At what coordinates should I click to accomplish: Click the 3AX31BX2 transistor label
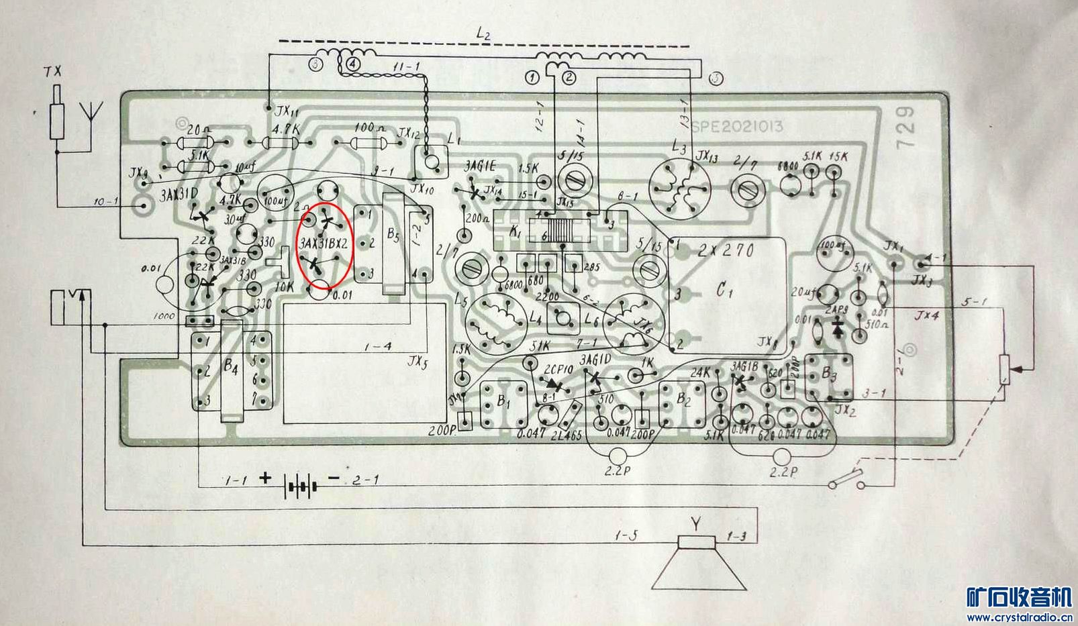tap(325, 244)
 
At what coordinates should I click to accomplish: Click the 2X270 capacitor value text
tap(726, 250)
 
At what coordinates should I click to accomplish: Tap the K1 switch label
tap(515, 231)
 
